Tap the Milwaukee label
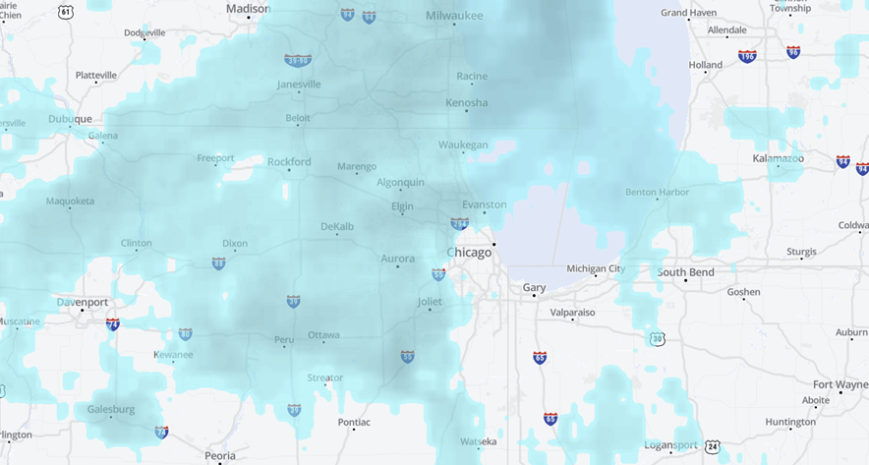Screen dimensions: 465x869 coord(454,16)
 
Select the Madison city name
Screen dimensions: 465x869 coord(248,8)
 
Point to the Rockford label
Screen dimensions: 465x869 coord(289,161)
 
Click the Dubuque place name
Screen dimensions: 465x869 coord(70,120)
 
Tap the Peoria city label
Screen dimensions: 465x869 coord(220,455)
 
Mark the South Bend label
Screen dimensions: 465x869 coord(686,272)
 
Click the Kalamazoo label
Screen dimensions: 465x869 coord(779,158)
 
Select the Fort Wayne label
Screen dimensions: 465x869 coord(840,384)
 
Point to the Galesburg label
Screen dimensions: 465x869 coord(111,409)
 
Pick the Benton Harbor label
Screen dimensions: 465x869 coord(658,192)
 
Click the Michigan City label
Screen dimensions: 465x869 coord(595,268)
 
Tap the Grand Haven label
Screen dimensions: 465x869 coord(688,13)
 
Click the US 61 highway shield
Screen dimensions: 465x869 coord(66,12)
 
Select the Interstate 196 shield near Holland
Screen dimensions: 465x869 coord(747,56)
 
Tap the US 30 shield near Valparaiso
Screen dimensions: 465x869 coord(657,339)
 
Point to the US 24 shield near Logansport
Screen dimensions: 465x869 coord(713,447)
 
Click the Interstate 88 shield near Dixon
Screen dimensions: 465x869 coord(218,263)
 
